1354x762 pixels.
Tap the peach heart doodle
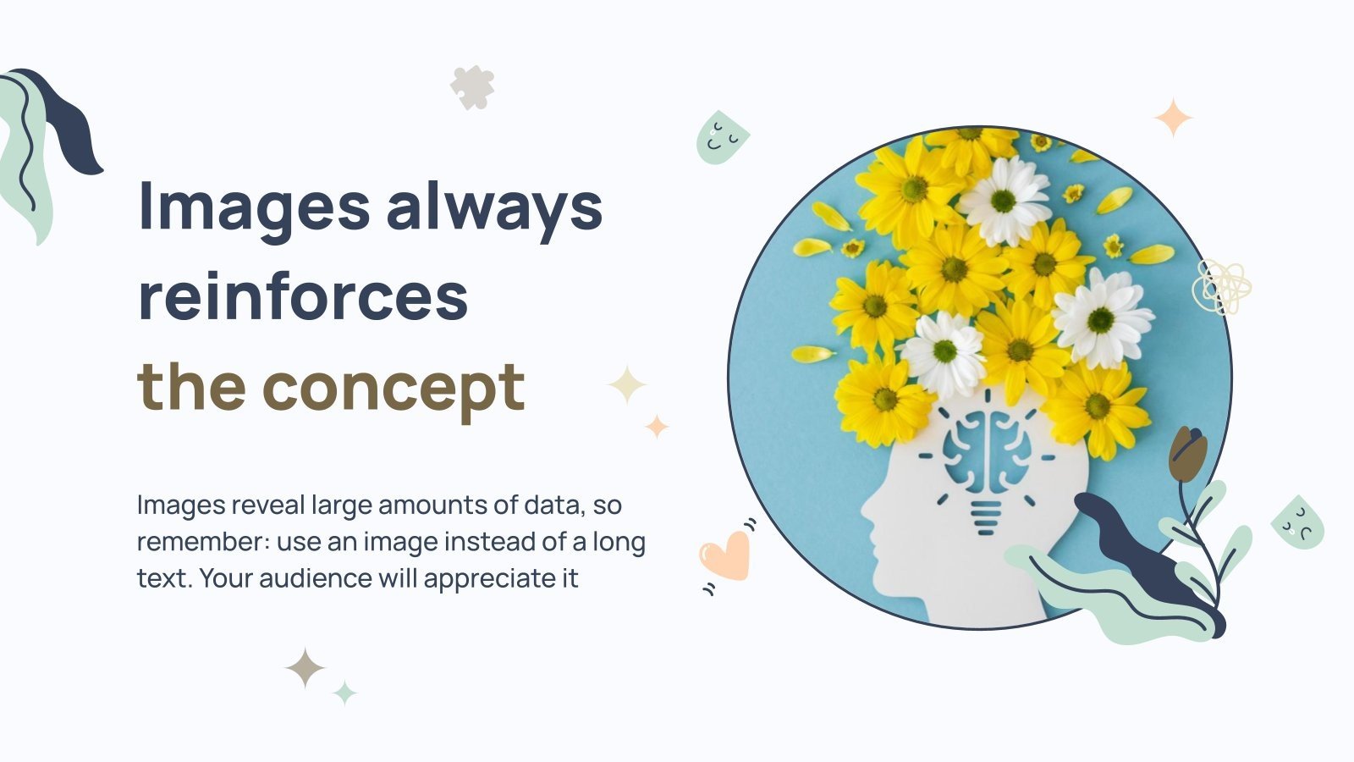click(726, 555)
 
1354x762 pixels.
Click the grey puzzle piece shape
click(472, 87)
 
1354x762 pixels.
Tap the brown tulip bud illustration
click(1187, 455)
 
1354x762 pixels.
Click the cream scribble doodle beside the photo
click(1221, 285)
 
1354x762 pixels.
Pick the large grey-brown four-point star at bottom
click(305, 668)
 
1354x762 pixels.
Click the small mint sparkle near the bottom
click(344, 693)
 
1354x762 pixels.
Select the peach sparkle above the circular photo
click(1174, 118)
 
